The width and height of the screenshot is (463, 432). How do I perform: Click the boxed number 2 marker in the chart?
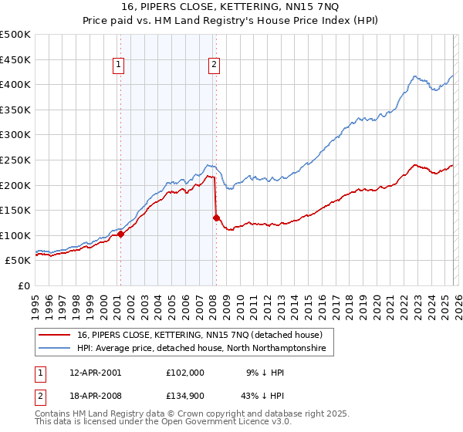pyautogui.click(x=213, y=66)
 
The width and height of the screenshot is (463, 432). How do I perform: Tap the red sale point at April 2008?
pyautogui.click(x=216, y=218)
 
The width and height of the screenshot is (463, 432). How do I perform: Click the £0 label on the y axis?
pyautogui.click(x=24, y=286)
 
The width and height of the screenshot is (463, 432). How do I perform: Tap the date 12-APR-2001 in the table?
pyautogui.click(x=95, y=372)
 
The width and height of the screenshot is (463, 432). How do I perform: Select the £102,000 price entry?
pyautogui.click(x=185, y=372)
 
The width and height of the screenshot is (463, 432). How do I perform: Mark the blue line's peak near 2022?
pyautogui.click(x=415, y=76)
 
